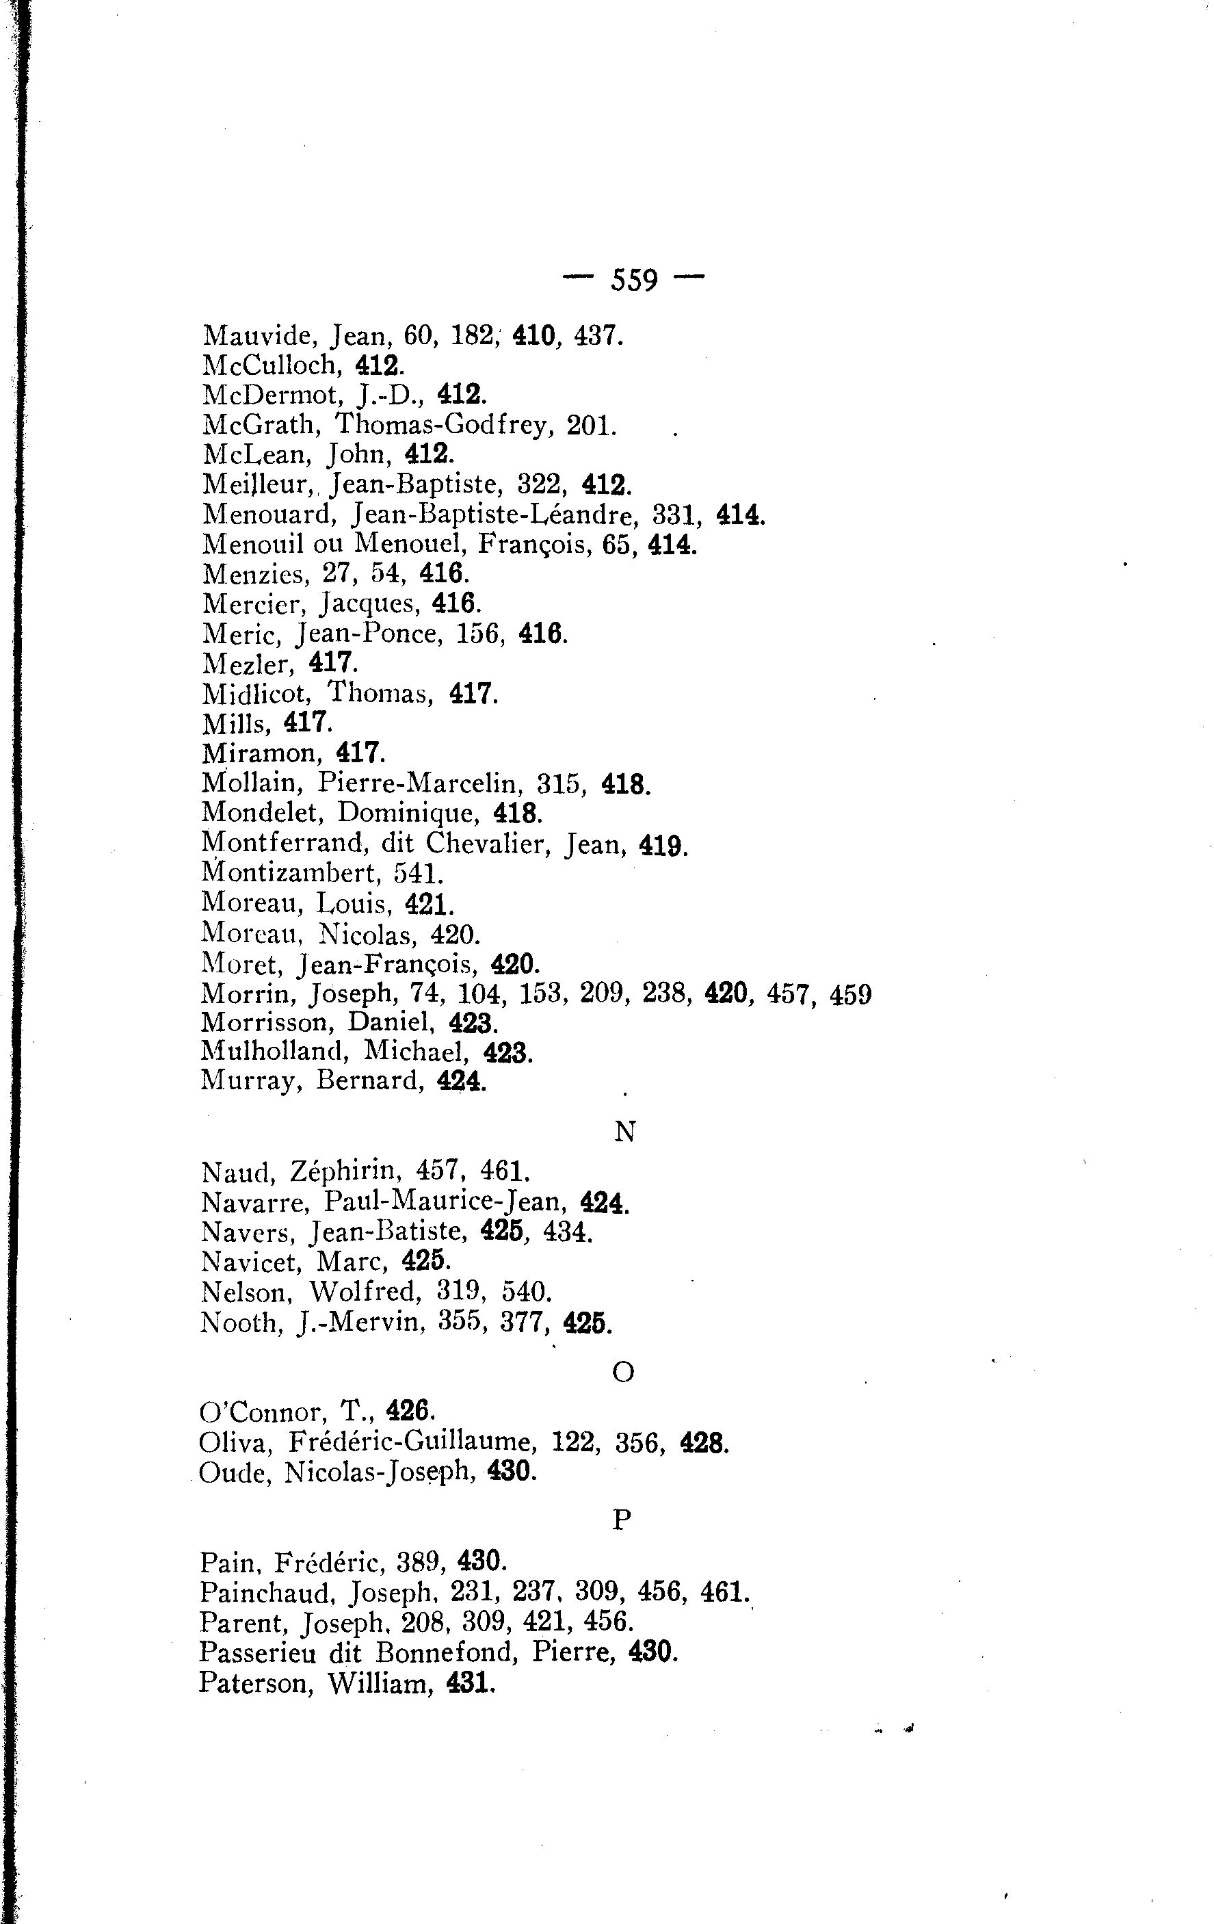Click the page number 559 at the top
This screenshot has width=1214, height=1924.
click(x=634, y=281)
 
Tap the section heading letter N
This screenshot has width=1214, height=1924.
click(x=624, y=1132)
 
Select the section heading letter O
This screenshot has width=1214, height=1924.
click(x=623, y=1372)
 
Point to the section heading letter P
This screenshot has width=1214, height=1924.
click(x=622, y=1519)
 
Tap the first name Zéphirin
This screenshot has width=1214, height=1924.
click(x=344, y=1171)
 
